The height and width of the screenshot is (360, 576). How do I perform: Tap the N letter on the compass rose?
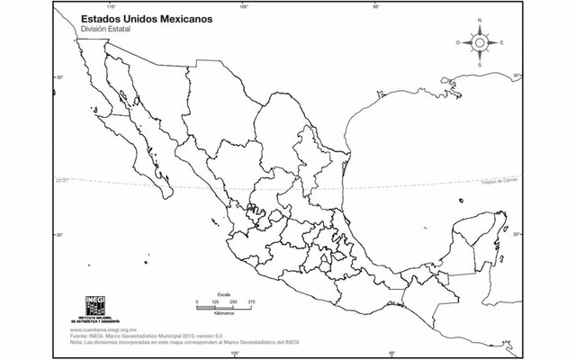pyautogui.click(x=480, y=19)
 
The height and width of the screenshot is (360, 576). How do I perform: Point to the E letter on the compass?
pyautogui.click(x=501, y=42)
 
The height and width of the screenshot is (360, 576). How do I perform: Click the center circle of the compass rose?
pyautogui.click(x=480, y=41)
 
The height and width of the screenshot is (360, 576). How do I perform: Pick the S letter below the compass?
pyautogui.click(x=480, y=65)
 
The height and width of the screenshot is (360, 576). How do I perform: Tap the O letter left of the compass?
pyautogui.click(x=458, y=42)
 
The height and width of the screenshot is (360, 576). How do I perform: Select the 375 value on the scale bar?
pyautogui.click(x=252, y=301)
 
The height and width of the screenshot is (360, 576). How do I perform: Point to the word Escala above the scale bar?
pyautogui.click(x=224, y=292)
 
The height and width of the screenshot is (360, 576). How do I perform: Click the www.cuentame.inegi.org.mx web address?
pyautogui.click(x=105, y=330)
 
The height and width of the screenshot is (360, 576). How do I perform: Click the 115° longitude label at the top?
pyautogui.click(x=112, y=6)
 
